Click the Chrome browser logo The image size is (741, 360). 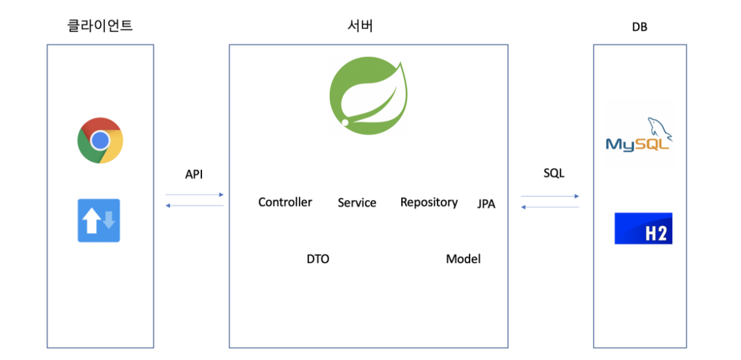(100, 140)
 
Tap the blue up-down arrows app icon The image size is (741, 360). (99, 220)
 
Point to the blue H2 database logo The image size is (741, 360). (643, 228)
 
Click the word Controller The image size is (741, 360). (285, 202)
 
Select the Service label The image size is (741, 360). (357, 203)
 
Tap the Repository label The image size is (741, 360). (429, 202)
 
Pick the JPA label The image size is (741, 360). (486, 205)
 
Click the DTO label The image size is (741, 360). (318, 259)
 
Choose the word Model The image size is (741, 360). (463, 259)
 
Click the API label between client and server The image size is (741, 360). (194, 174)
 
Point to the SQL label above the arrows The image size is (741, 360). (553, 174)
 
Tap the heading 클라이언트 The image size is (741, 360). (100, 26)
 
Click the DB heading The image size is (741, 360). (639, 28)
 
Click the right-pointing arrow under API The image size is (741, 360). (195, 195)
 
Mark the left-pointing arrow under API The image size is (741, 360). (195, 206)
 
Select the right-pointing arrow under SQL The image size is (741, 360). (550, 196)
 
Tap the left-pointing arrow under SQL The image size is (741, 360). (550, 207)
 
